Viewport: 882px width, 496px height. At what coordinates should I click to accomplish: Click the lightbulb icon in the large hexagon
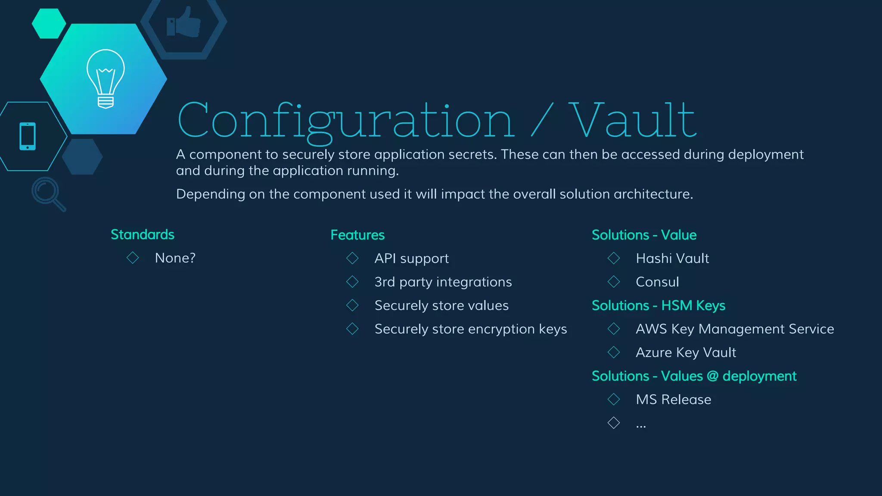(x=106, y=78)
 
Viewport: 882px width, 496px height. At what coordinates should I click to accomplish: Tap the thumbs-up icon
(x=184, y=22)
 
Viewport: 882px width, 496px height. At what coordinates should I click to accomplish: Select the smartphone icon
(x=28, y=136)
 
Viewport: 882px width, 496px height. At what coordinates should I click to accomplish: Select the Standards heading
(x=143, y=235)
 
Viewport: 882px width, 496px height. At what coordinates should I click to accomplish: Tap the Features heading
(x=357, y=235)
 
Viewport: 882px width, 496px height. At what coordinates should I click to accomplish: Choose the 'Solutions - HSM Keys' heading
(x=658, y=306)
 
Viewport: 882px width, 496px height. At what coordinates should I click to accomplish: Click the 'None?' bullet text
(x=175, y=258)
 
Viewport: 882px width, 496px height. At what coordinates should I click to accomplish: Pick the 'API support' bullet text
(x=412, y=258)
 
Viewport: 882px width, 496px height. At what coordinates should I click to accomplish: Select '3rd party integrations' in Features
(x=443, y=282)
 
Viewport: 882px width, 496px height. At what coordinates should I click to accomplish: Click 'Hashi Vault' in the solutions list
(x=672, y=258)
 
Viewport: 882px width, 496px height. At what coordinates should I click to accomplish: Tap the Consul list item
(x=657, y=282)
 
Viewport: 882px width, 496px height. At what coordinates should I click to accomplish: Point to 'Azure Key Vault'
(x=686, y=353)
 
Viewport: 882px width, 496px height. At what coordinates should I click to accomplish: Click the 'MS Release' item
(x=674, y=400)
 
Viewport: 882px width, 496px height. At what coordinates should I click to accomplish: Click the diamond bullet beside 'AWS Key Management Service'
(x=614, y=329)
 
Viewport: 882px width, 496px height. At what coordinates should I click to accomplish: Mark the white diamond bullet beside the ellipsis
(x=614, y=423)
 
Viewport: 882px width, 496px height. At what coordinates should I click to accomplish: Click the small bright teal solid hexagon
(x=49, y=24)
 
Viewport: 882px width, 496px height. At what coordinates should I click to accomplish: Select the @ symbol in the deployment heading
(x=713, y=376)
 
